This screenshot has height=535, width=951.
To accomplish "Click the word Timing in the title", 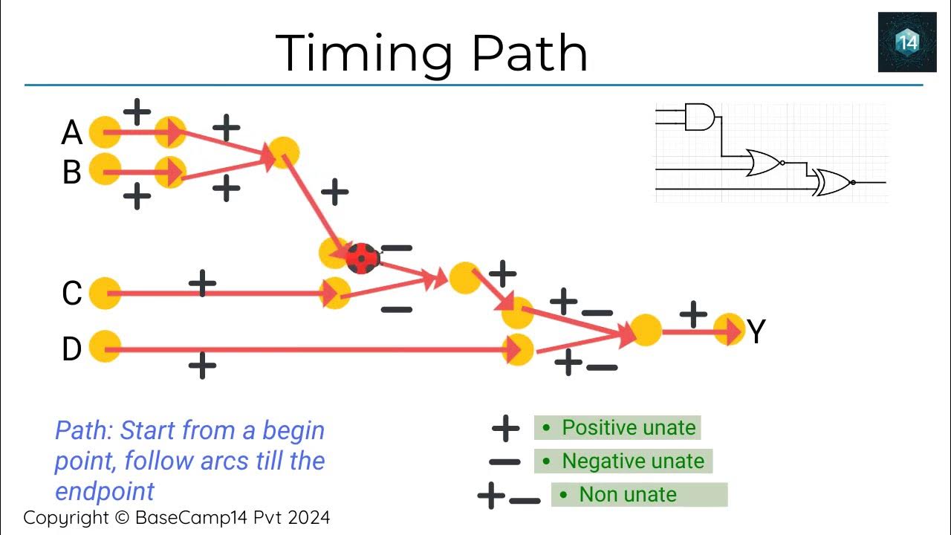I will pos(364,53).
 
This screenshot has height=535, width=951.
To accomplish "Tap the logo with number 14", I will pos(907,42).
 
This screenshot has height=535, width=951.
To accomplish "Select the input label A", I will pos(72,134).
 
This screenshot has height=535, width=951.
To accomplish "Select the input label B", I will pos(72,172).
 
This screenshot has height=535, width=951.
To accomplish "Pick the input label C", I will pos(72,294).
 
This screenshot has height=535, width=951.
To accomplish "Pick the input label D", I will pos(72,348).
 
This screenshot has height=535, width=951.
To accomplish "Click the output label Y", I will pos(756,332).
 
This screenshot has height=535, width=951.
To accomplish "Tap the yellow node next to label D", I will pos(105,347).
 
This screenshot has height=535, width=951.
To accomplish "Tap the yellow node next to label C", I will pos(105,293).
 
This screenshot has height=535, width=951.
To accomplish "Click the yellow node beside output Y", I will pos(729,329).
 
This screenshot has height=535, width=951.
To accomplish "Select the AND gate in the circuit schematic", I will pos(699,117).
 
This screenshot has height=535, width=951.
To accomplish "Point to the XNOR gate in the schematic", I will pos(832,182).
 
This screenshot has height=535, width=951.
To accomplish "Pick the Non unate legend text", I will pos(628,495).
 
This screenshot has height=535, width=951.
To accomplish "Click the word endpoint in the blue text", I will pos(105,491).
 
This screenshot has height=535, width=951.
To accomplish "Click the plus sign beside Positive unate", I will pos(506,429).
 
